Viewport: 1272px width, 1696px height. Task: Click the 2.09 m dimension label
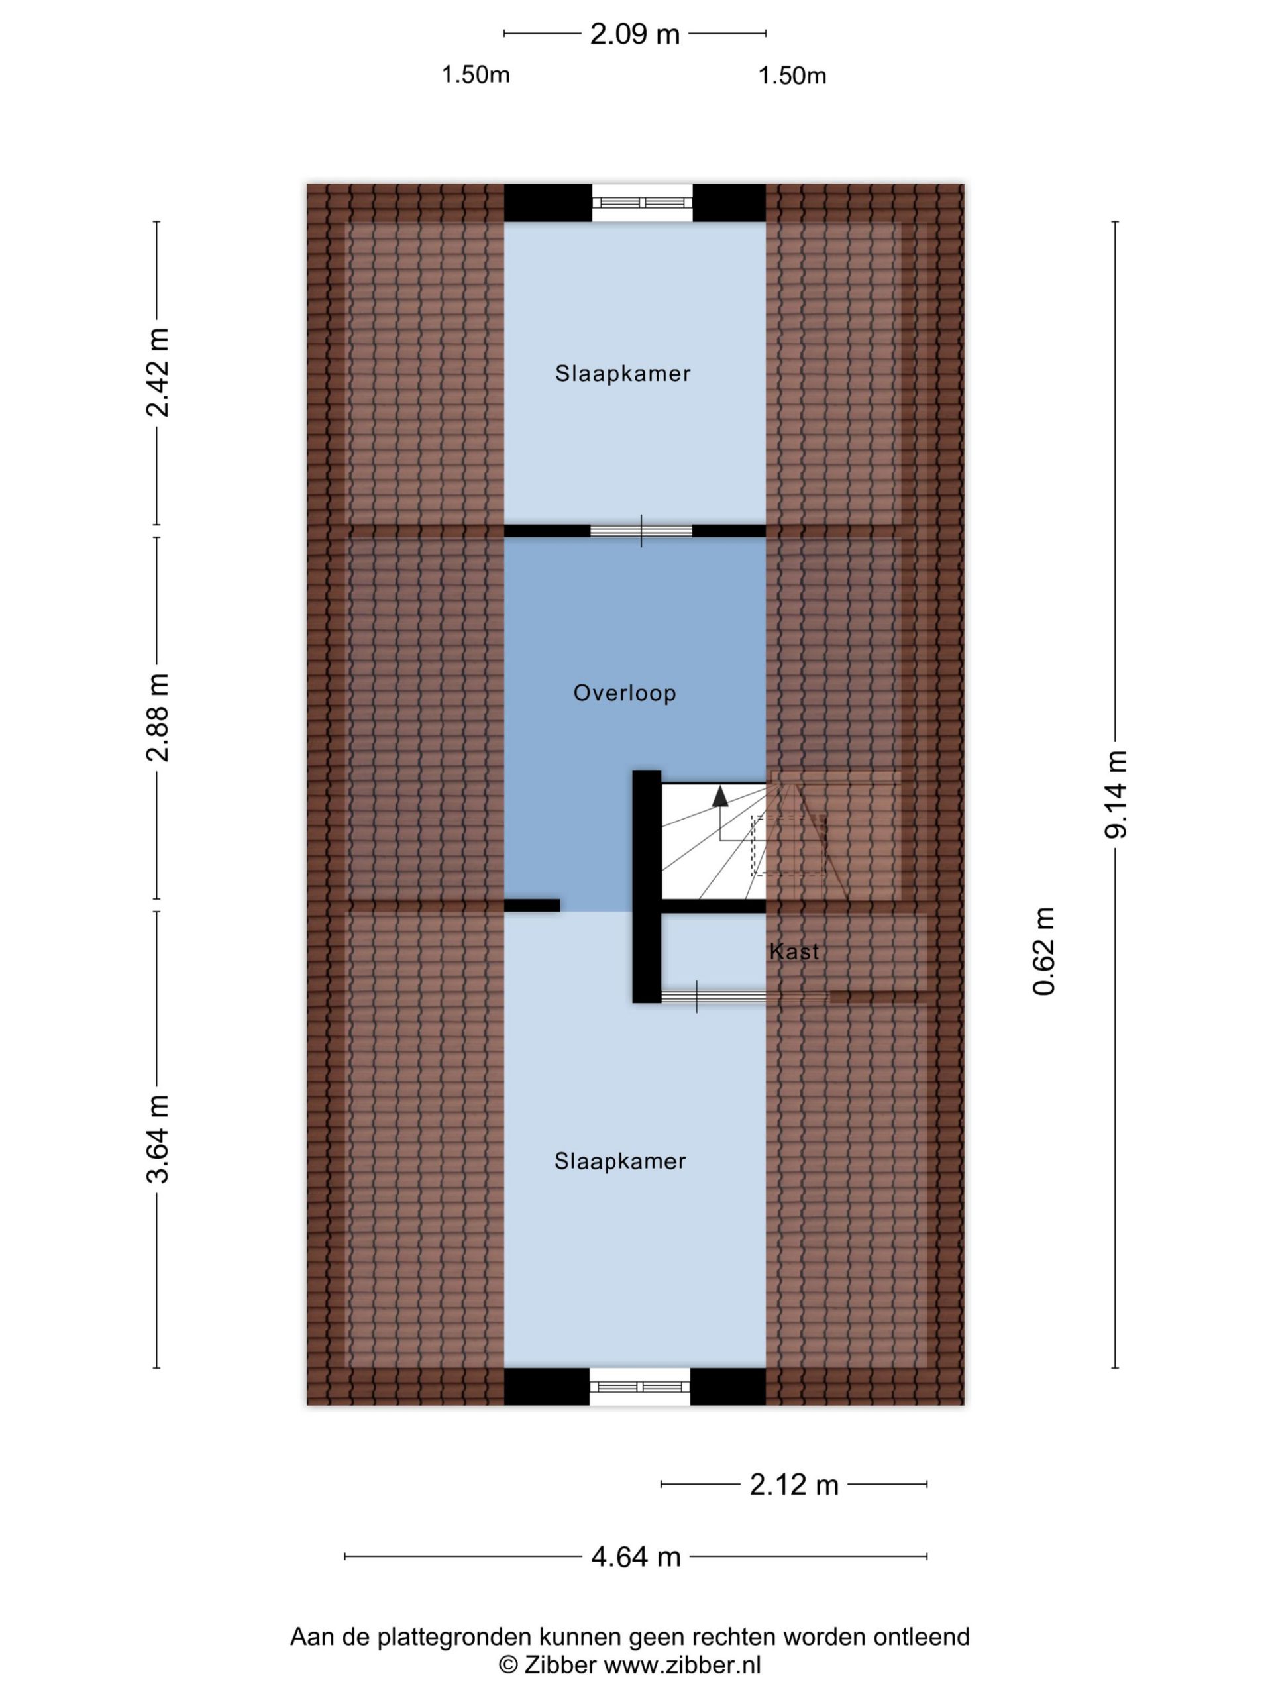pyautogui.click(x=635, y=34)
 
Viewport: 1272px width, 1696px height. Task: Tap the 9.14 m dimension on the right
pyautogui.click(x=1116, y=794)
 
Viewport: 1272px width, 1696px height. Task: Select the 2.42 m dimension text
pyautogui.click(x=157, y=372)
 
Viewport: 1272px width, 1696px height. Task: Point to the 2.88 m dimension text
pyautogui.click(x=157, y=717)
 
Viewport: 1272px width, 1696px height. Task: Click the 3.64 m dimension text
pyautogui.click(x=157, y=1139)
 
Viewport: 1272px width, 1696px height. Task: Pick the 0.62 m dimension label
pyautogui.click(x=1044, y=951)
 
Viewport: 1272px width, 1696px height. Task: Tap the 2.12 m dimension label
pyautogui.click(x=794, y=1485)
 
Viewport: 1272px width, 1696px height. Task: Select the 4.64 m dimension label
pyautogui.click(x=635, y=1556)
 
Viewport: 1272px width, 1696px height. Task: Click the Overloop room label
pyautogui.click(x=625, y=693)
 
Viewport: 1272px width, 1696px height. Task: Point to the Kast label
pyautogui.click(x=794, y=951)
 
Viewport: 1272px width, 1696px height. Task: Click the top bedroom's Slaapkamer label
pyautogui.click(x=623, y=374)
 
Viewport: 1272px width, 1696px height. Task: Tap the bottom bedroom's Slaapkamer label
pyautogui.click(x=620, y=1161)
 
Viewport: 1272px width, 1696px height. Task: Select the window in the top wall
pyautogui.click(x=642, y=203)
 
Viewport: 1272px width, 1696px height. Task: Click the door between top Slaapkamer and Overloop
pyautogui.click(x=641, y=531)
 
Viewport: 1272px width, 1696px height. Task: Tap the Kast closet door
pyautogui.click(x=713, y=997)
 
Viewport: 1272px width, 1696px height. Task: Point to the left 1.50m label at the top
pyautogui.click(x=476, y=75)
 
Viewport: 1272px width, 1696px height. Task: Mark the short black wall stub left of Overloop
pyautogui.click(x=531, y=906)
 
